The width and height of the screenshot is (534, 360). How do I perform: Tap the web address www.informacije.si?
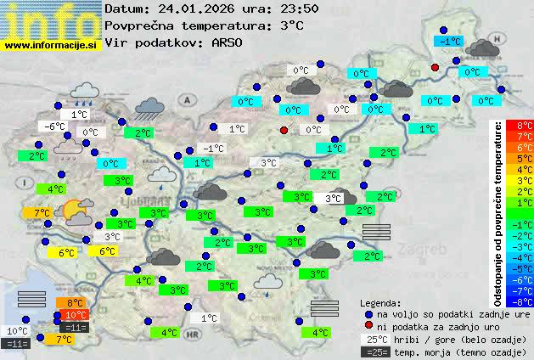click(x=51, y=44)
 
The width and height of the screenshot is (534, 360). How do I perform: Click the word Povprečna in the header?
click(x=138, y=25)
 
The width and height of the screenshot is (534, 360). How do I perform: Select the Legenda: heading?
click(x=380, y=302)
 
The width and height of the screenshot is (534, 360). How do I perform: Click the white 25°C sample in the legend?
click(x=374, y=339)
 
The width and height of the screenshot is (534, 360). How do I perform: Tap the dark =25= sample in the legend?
click(x=374, y=352)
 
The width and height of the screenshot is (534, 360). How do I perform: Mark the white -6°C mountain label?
click(x=54, y=127)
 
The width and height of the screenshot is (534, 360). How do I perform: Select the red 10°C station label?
click(x=76, y=315)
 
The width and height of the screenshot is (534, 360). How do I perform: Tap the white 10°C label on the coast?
click(x=17, y=331)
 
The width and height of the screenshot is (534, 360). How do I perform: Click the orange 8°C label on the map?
click(x=74, y=302)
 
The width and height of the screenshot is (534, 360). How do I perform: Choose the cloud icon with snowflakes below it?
click(x=68, y=149)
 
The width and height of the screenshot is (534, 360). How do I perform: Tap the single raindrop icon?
click(x=160, y=174)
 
